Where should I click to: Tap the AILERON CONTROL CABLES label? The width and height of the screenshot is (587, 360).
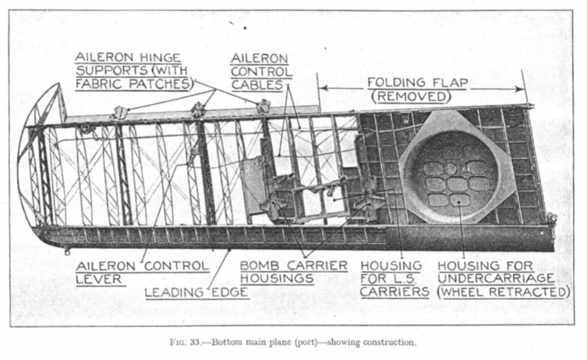click(x=261, y=71)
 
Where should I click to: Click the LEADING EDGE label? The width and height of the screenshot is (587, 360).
click(x=196, y=293)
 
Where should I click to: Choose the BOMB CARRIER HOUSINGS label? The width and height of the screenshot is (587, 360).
click(x=293, y=272)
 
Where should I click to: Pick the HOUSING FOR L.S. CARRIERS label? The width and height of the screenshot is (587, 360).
click(x=394, y=278)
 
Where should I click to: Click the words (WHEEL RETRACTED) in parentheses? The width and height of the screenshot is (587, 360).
click(x=503, y=292)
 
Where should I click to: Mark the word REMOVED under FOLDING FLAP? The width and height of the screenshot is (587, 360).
click(x=412, y=97)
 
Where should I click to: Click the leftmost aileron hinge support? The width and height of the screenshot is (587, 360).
click(x=121, y=112)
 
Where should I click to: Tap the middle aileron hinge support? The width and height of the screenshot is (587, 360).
click(x=198, y=110)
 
